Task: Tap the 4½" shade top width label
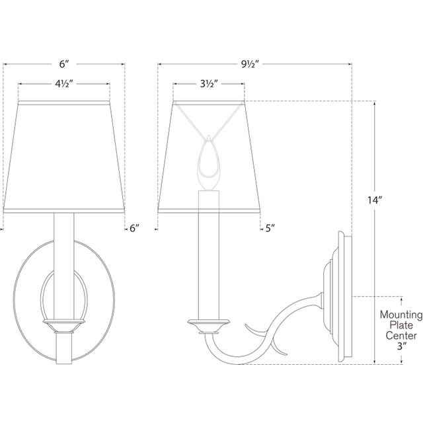point(64,84)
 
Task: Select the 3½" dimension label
point(208,84)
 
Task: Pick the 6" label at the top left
point(64,64)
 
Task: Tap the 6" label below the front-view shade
point(135,228)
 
